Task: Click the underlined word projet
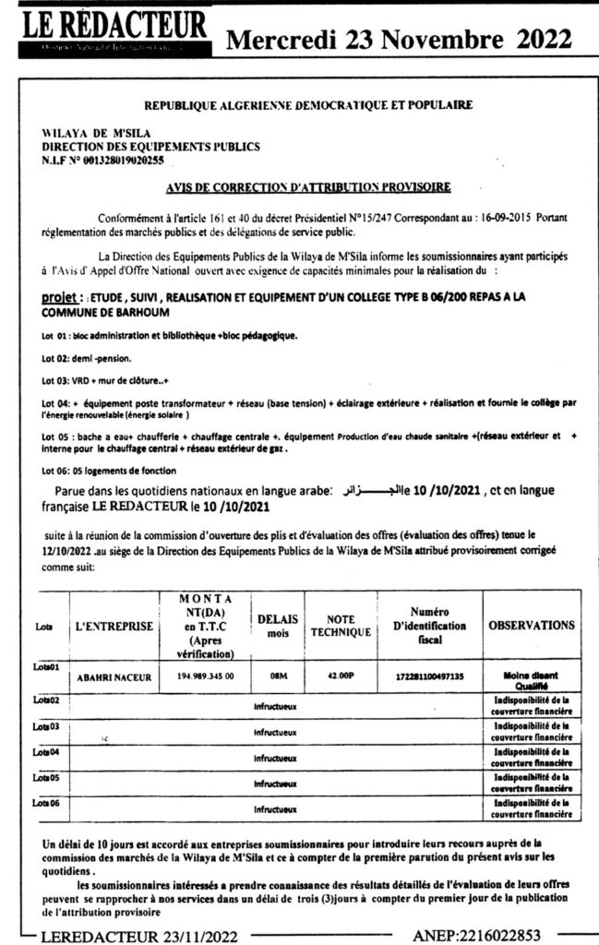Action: tap(60, 300)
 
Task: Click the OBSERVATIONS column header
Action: tap(531, 625)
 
